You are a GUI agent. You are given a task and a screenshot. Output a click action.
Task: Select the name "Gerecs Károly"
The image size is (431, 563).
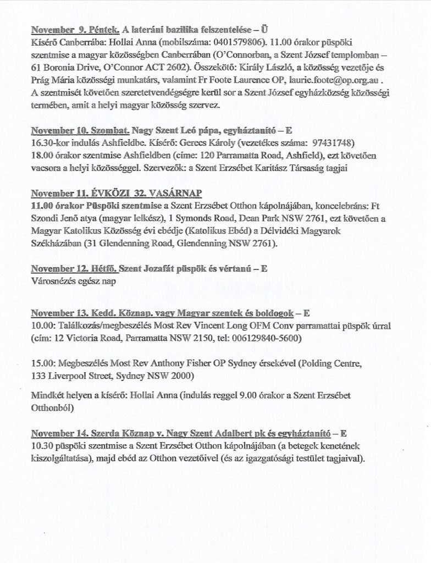[183, 144]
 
